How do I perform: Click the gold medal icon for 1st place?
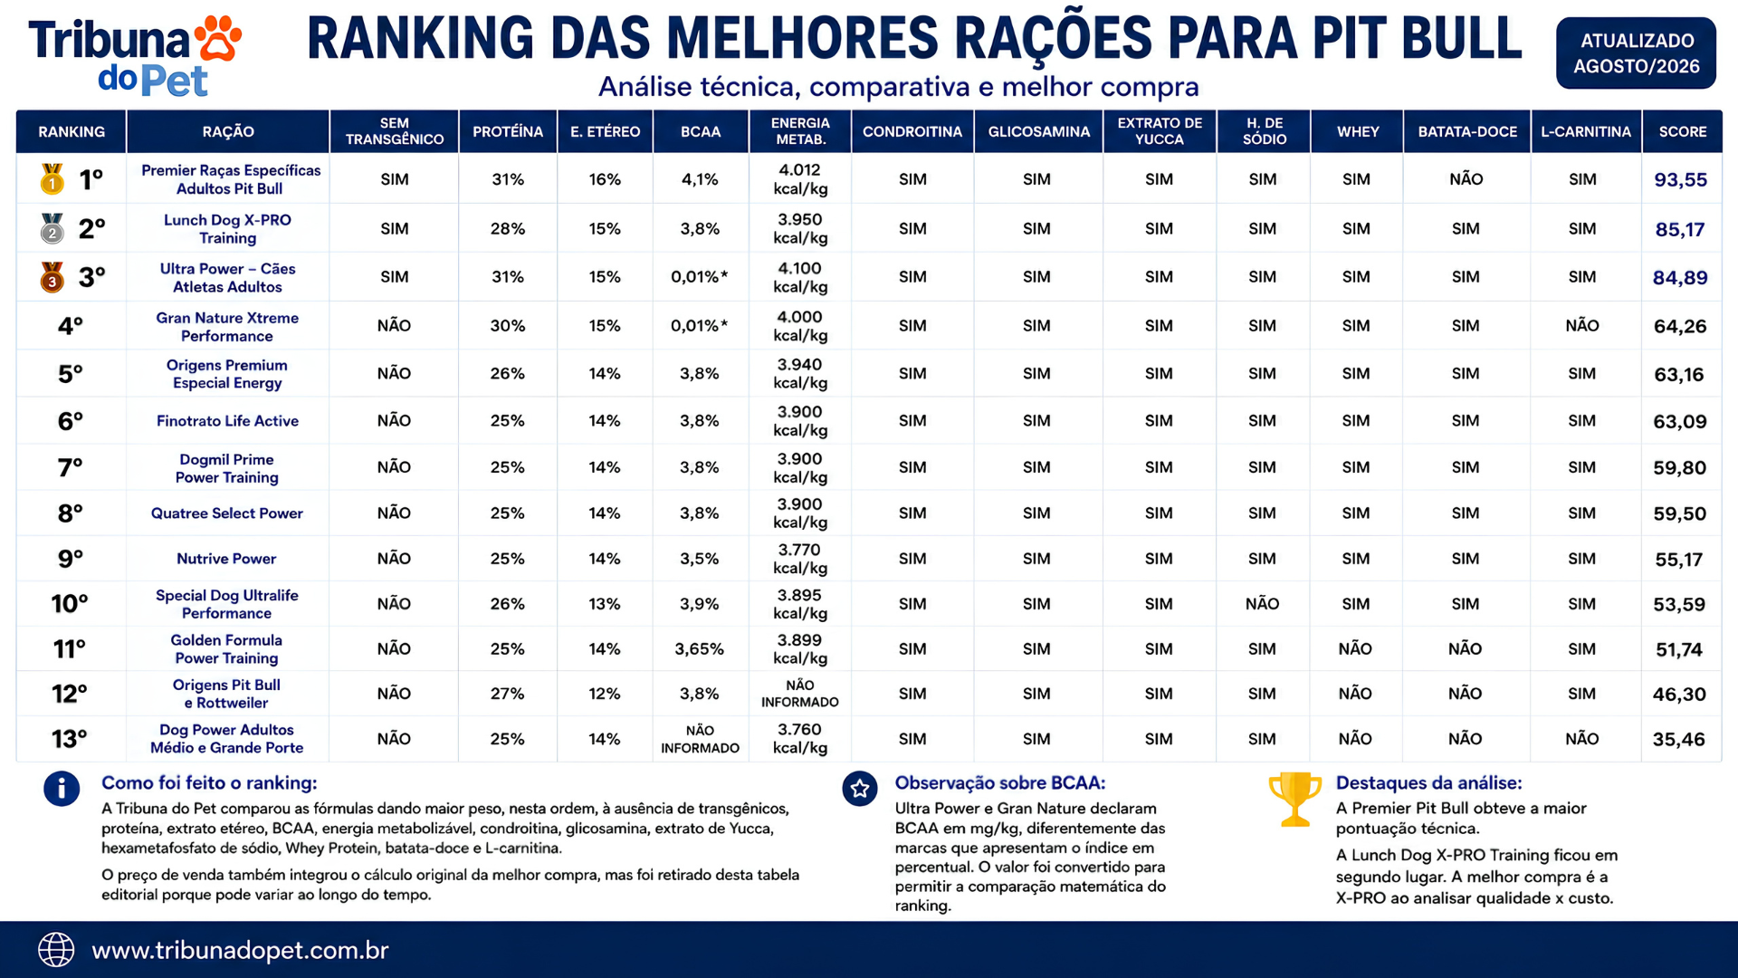[52, 178]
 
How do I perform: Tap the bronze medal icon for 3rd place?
[52, 277]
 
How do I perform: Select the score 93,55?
[1680, 179]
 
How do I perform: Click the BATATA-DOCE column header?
[1467, 131]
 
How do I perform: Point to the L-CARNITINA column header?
[1586, 131]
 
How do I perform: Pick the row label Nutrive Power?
[226, 559]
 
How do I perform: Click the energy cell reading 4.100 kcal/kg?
[800, 277]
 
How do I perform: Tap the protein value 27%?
[507, 694]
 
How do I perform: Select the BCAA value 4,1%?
[700, 179]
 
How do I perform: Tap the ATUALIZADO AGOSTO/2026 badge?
[1636, 53]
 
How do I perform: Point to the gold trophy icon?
[1295, 799]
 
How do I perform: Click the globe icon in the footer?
[56, 950]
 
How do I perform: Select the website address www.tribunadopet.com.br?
[240, 950]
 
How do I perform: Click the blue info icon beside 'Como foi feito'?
[62, 789]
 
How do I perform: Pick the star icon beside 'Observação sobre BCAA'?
[860, 789]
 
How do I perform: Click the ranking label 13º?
[70, 739]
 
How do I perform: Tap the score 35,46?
[1679, 739]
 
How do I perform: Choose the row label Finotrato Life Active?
[227, 421]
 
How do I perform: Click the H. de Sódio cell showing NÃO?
[1262, 604]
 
